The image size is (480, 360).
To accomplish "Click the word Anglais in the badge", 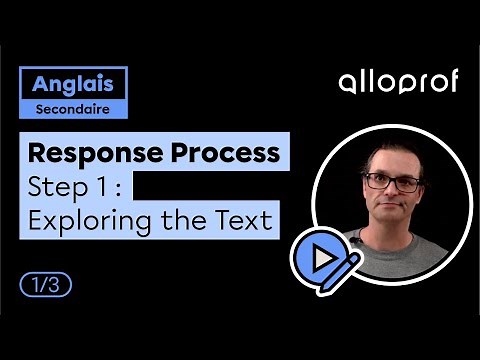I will click(x=72, y=83).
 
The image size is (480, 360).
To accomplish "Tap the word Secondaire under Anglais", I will click(x=72, y=108).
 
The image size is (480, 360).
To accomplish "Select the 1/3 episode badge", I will click(x=46, y=284).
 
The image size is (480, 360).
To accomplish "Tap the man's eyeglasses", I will click(x=391, y=183).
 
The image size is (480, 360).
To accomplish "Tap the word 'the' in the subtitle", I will click(x=181, y=219).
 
